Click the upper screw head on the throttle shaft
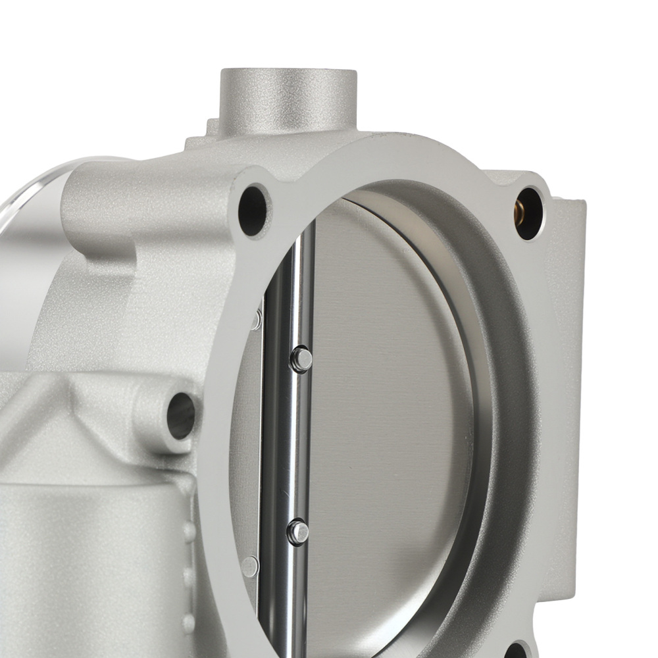coord(301,359)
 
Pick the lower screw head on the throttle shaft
coord(297,530)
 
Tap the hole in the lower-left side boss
coord(181,415)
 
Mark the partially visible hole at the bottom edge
coord(520,651)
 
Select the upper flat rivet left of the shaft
coord(255,320)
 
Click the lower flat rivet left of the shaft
coord(250,565)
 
